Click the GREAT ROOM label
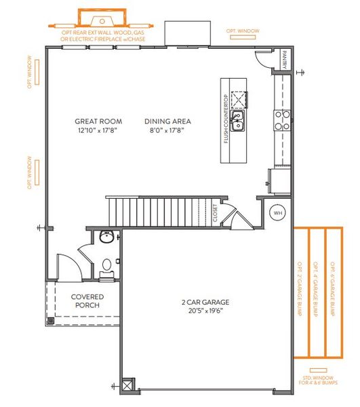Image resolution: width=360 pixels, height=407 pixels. coord(96,122)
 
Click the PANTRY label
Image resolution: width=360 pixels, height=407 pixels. coord(285,59)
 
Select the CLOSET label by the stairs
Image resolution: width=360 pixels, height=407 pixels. coord(215,214)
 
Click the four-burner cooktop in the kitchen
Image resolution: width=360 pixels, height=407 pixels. coord(282,121)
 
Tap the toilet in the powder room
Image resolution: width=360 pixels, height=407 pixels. coord(106,265)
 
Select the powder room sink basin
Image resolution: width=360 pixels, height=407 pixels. coord(108,237)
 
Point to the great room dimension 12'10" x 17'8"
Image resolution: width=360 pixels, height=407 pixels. coord(96,131)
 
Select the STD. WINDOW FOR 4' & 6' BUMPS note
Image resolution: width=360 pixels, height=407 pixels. coord(317,380)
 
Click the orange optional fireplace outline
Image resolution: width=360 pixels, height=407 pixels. coord(102,16)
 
